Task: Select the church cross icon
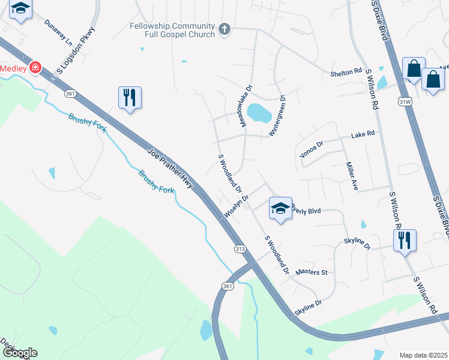click(x=224, y=29)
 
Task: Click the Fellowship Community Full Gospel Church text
click(x=172, y=30)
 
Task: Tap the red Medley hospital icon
click(x=36, y=68)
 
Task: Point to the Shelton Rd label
click(x=346, y=72)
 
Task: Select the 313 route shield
click(x=240, y=249)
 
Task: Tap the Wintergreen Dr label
click(x=279, y=116)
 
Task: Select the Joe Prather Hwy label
click(x=170, y=169)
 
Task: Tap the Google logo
click(x=19, y=353)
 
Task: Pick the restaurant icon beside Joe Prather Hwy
click(x=130, y=97)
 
